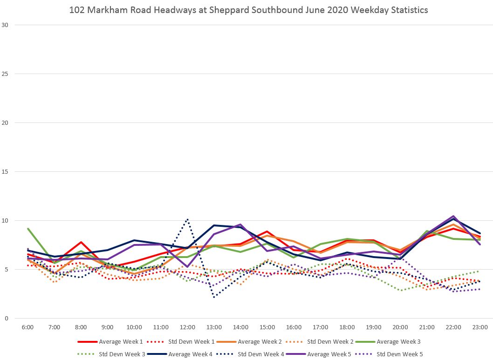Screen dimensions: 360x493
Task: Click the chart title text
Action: click(x=248, y=9)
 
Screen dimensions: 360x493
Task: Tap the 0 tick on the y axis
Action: click(x=7, y=319)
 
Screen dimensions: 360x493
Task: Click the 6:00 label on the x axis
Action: click(x=27, y=327)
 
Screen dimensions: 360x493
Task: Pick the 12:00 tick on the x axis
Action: click(x=187, y=327)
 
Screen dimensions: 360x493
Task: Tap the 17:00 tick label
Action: click(x=321, y=327)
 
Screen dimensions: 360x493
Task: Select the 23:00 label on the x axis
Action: click(x=480, y=327)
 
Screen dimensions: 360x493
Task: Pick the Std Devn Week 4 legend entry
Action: click(x=259, y=354)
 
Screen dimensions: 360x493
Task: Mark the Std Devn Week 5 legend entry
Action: click(x=399, y=354)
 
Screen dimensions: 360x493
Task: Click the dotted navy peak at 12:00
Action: click(x=187, y=219)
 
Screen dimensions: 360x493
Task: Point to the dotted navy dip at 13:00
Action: click(x=214, y=297)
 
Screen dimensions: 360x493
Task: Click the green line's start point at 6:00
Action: click(x=28, y=229)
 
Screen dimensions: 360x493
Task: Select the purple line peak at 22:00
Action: click(x=453, y=216)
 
